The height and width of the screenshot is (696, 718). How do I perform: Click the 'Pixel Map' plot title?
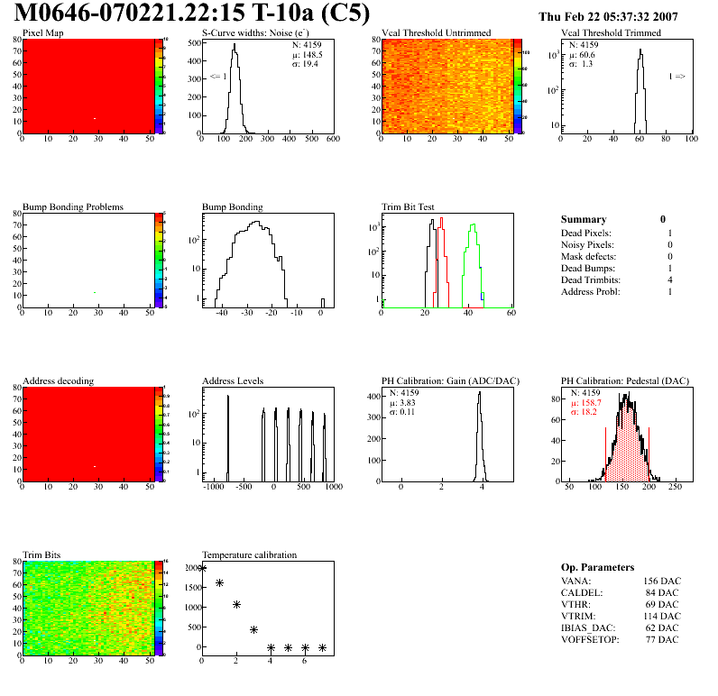(x=42, y=33)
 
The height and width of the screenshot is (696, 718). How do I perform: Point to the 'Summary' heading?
(x=584, y=219)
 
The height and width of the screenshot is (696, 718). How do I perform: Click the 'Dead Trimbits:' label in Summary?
(x=591, y=279)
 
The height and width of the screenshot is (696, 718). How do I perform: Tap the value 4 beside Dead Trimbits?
(x=670, y=279)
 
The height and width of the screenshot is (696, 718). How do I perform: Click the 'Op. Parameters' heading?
(x=597, y=567)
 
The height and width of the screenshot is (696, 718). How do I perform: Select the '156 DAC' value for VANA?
(x=662, y=581)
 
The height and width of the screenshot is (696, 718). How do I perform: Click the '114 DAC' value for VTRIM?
(x=662, y=615)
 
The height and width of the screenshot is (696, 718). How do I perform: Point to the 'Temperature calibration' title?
(x=249, y=554)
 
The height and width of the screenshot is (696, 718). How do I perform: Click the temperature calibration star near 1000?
(x=236, y=604)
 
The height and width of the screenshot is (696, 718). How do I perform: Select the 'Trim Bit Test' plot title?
(x=409, y=206)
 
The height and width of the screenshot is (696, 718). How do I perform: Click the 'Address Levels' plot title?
(x=233, y=380)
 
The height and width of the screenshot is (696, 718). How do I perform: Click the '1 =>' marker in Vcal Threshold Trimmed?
(x=677, y=77)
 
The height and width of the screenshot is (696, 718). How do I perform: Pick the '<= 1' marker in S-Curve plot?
(x=218, y=77)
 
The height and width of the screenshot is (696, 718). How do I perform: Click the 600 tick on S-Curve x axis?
(x=332, y=140)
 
